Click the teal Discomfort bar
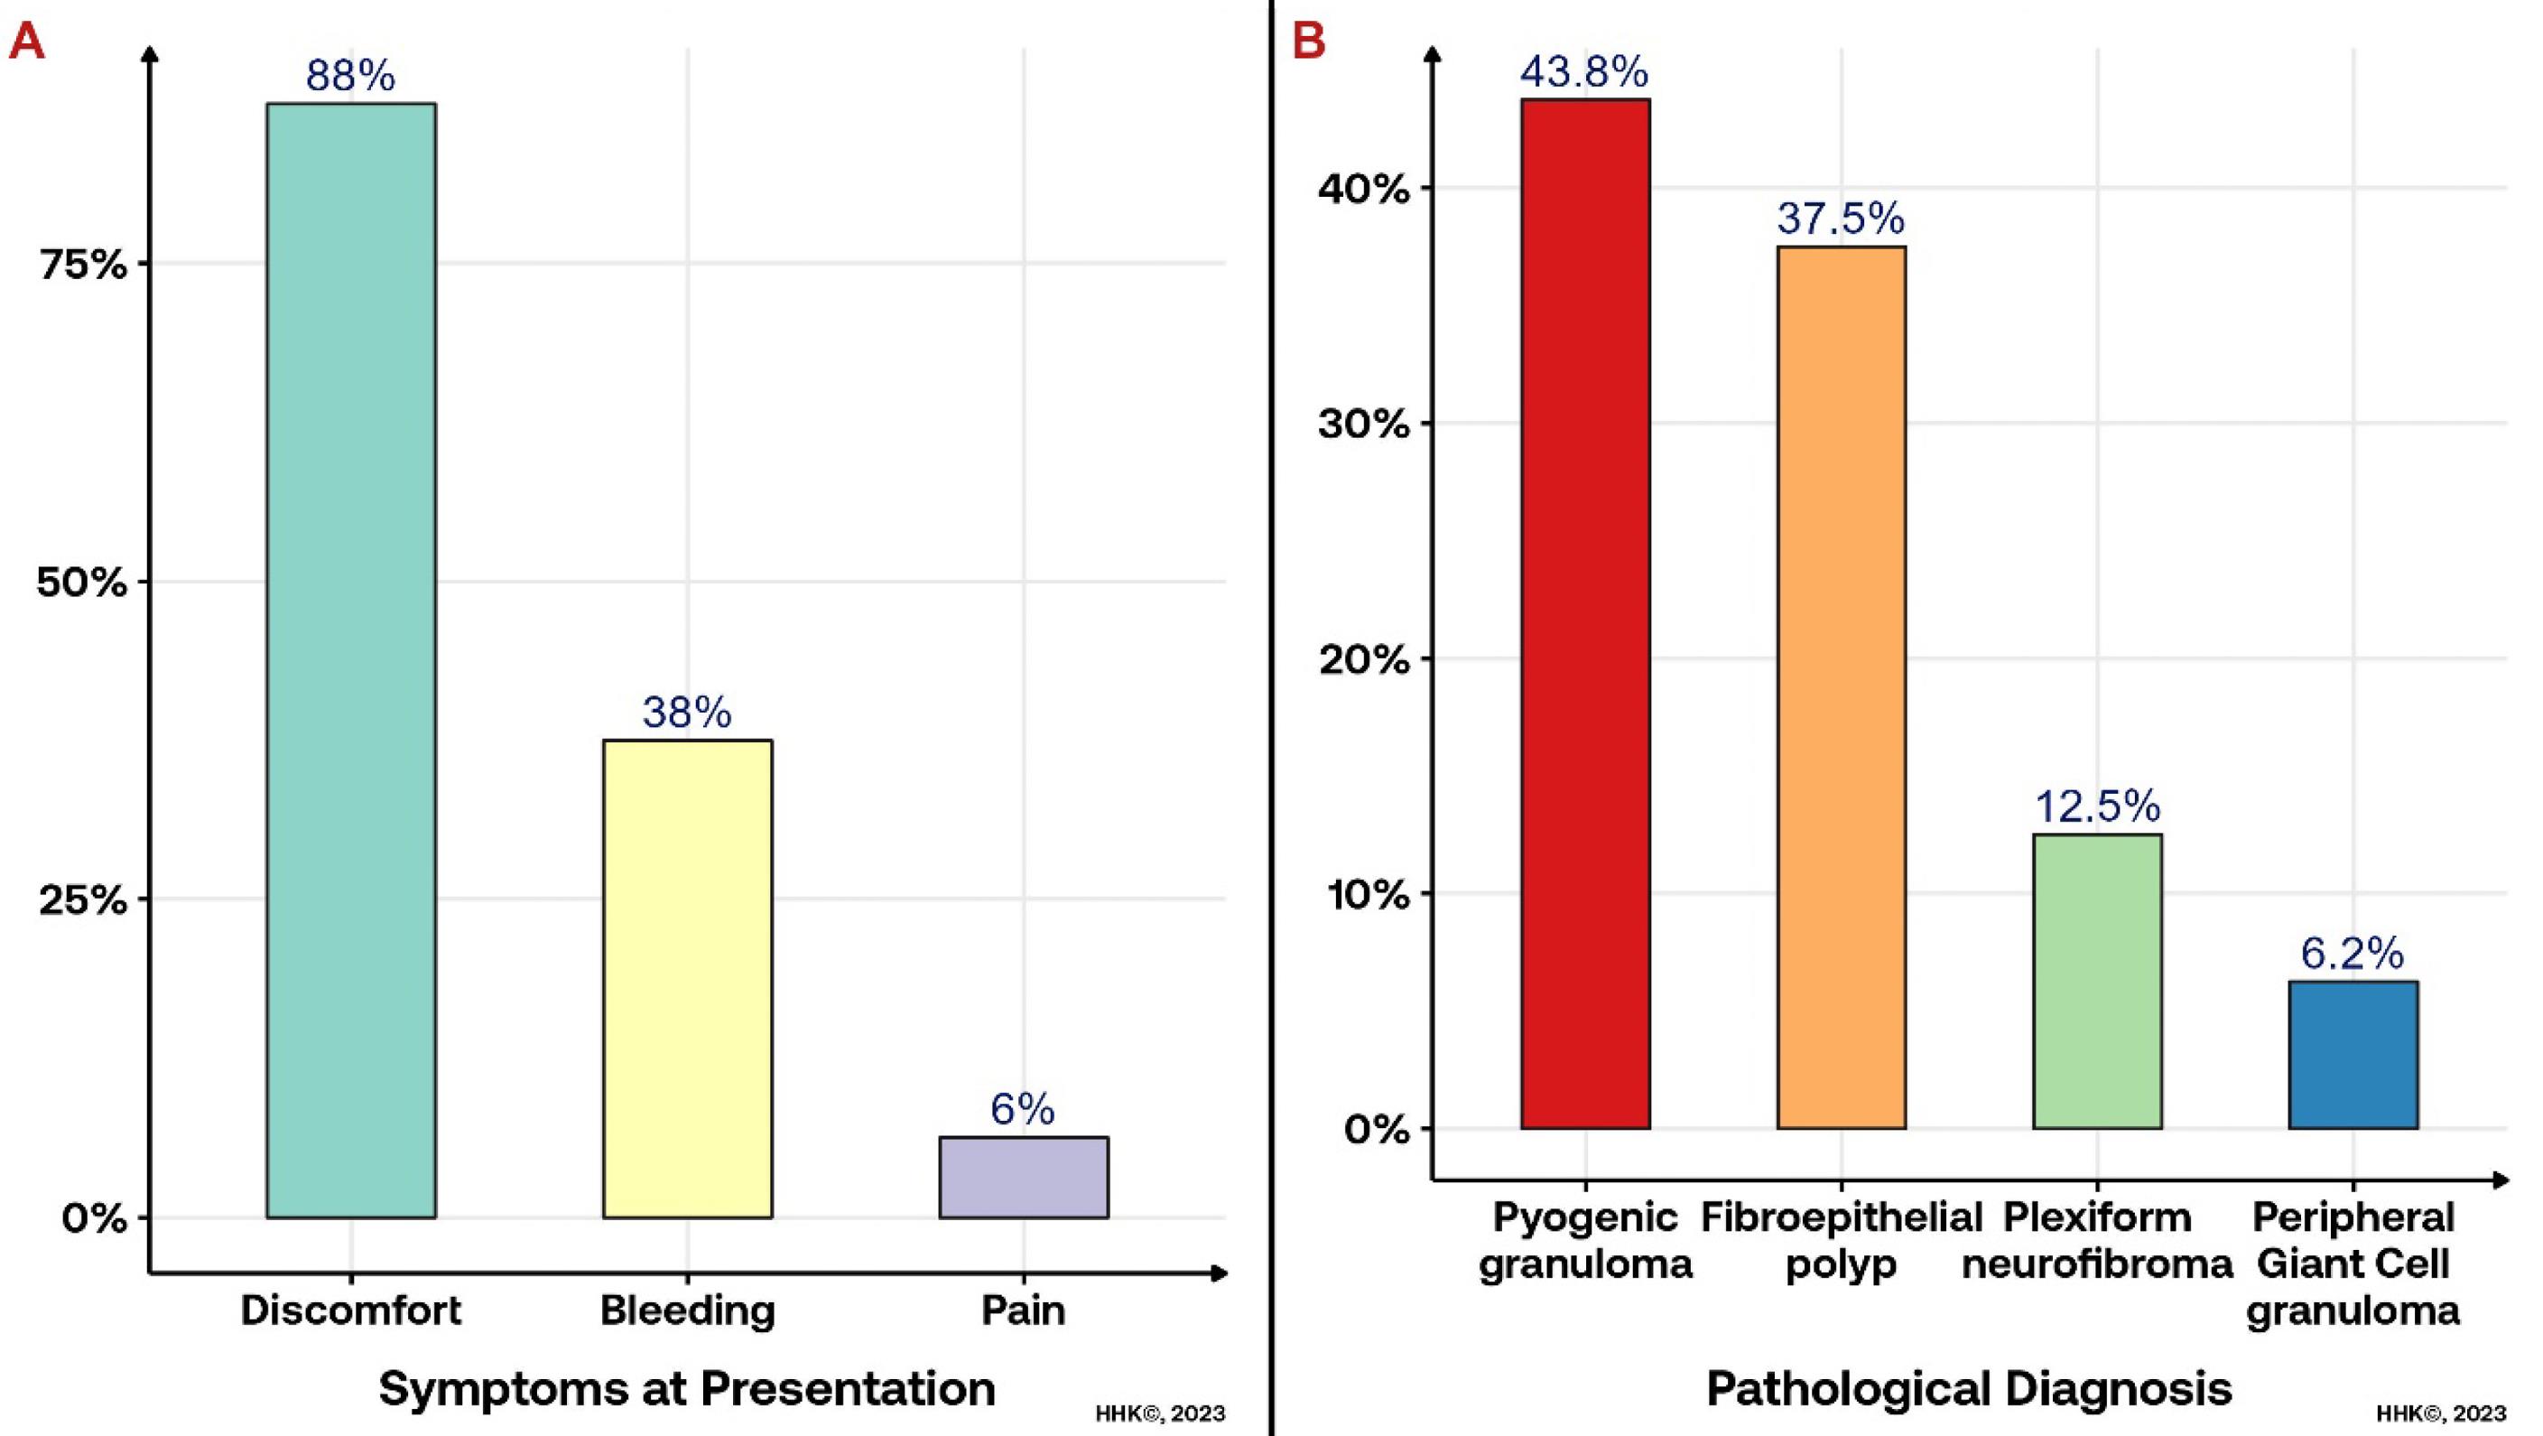pyautogui.click(x=350, y=659)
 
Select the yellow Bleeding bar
pyautogui.click(x=687, y=978)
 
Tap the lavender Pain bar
pyautogui.click(x=1023, y=1176)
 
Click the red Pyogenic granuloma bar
pyautogui.click(x=1584, y=613)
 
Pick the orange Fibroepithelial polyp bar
pyautogui.click(x=1841, y=687)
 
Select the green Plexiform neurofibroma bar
pyautogui.click(x=2097, y=981)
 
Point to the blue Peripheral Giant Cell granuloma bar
pyautogui.click(x=2353, y=1055)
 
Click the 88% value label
pyautogui.click(x=350, y=75)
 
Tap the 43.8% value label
pyautogui.click(x=1583, y=71)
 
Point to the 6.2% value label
pyautogui.click(x=2352, y=953)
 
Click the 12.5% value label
pyautogui.click(x=2097, y=806)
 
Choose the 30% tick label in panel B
pyautogui.click(x=1363, y=424)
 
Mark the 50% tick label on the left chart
pyautogui.click(x=83, y=583)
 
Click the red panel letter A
pyautogui.click(x=27, y=42)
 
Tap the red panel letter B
pyautogui.click(x=1308, y=42)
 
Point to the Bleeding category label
pyautogui.click(x=687, y=1310)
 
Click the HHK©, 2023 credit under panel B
pyautogui.click(x=2441, y=1413)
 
